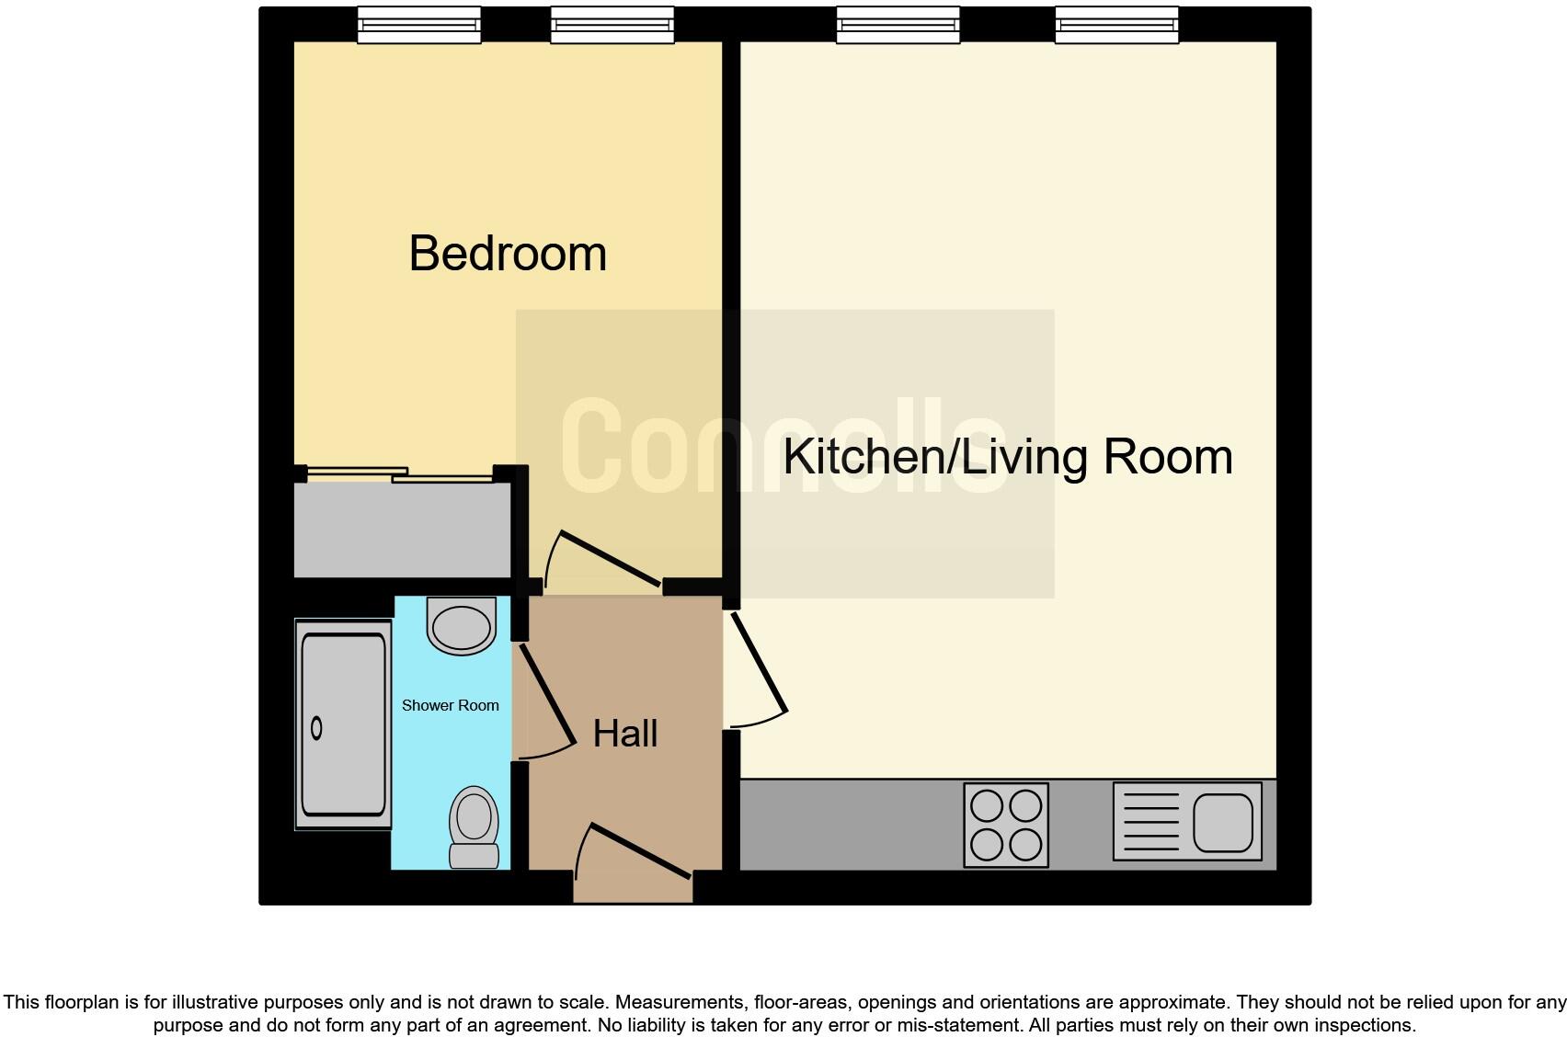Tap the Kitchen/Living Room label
(1007, 457)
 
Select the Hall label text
(625, 734)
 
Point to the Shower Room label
(451, 705)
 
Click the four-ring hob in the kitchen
(1006, 825)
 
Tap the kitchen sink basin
(1223, 822)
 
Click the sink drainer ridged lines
(1150, 822)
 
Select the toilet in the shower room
(474, 825)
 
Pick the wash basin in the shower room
(462, 625)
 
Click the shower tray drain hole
(317, 728)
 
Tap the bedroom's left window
(418, 26)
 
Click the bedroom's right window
(612, 26)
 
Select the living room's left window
(898, 26)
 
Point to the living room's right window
(1116, 26)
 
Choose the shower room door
(548, 696)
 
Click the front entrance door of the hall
(640, 850)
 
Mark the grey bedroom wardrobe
(402, 530)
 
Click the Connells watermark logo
(783, 448)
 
